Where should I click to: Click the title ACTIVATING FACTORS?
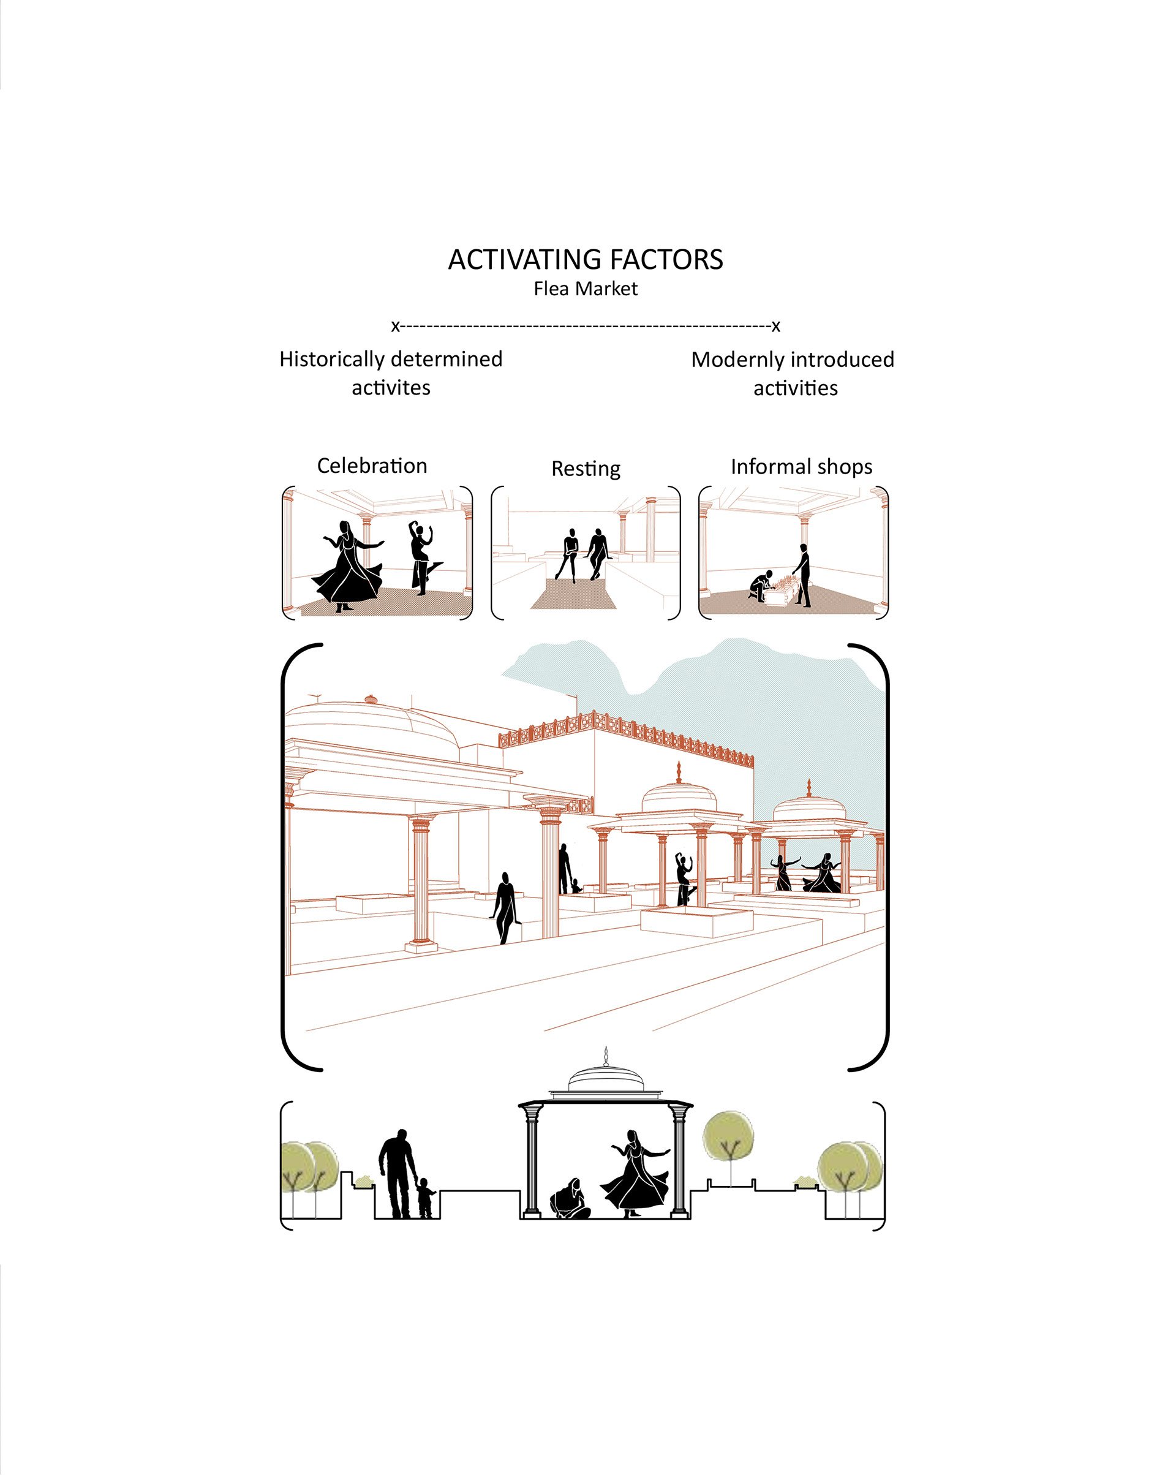585,260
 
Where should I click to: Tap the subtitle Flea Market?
585,289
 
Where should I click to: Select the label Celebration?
372,466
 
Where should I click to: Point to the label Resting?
586,469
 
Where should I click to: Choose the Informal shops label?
801,467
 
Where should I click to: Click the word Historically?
331,360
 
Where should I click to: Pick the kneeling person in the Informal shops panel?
761,586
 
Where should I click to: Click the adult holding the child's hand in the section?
398,1172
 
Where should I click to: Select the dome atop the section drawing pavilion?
606,1078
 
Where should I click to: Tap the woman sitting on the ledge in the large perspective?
505,908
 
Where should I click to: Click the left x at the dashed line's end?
395,327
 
